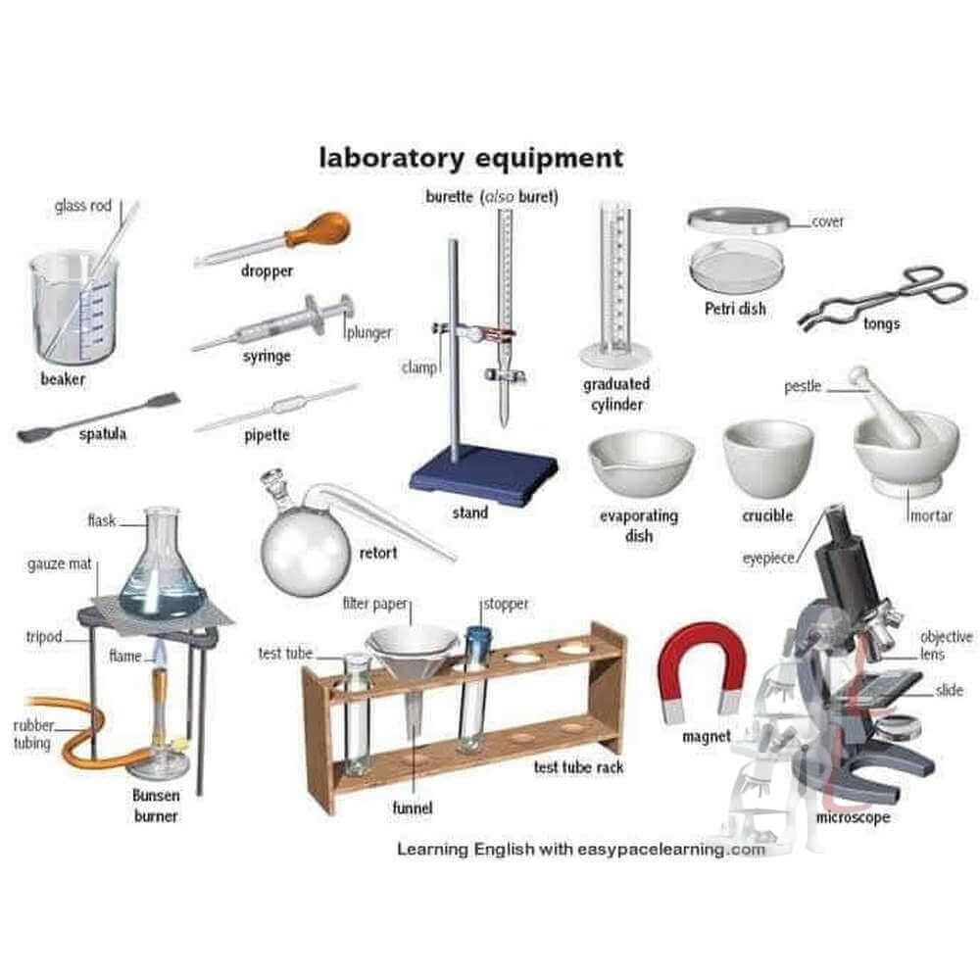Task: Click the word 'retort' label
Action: [378, 553]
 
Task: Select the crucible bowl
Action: [767, 458]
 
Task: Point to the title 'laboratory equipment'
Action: [470, 157]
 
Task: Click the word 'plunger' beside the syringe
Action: [368, 333]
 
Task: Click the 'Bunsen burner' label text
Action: [156, 805]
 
